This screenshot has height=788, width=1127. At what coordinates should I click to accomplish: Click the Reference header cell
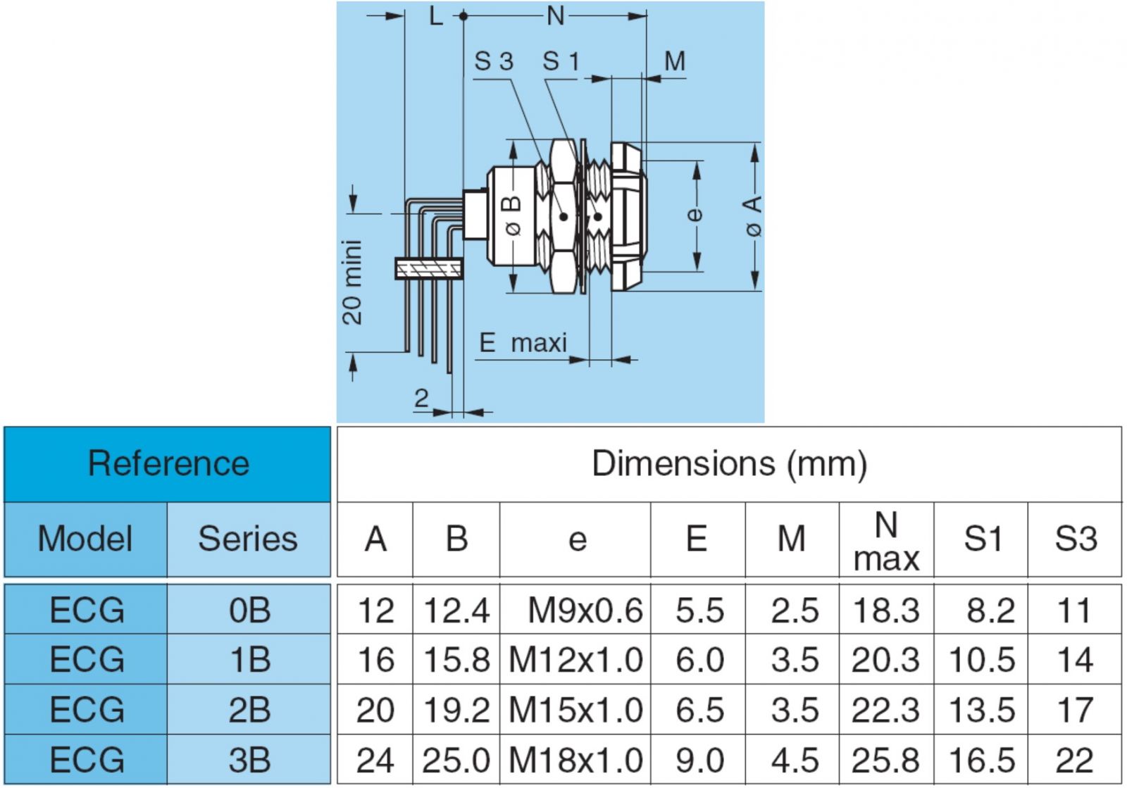[x=168, y=464]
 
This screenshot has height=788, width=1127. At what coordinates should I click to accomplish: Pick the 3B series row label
[x=249, y=760]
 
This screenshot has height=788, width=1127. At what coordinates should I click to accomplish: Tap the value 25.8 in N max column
[x=885, y=760]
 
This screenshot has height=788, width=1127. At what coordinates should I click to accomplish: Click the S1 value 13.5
[x=981, y=710]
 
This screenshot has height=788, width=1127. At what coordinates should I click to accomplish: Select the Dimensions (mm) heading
[x=729, y=464]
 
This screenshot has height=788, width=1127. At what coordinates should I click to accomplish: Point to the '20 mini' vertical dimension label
[x=352, y=282]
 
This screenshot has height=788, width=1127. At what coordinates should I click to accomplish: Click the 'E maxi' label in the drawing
[x=523, y=343]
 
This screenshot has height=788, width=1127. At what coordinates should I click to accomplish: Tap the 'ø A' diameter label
[x=752, y=215]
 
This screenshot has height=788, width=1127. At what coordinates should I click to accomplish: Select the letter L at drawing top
[x=436, y=15]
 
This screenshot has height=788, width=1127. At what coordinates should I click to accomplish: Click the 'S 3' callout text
[x=493, y=62]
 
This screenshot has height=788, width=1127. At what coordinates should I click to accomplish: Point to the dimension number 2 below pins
[x=421, y=399]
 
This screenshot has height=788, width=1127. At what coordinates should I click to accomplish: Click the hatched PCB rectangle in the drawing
[x=428, y=269]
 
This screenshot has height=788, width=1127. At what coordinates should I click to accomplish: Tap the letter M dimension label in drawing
[x=674, y=62]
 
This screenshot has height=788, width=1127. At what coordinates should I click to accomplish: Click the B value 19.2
[x=456, y=710]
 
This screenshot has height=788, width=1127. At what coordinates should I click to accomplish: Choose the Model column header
[x=85, y=539]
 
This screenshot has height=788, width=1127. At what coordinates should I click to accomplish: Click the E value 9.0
[x=699, y=760]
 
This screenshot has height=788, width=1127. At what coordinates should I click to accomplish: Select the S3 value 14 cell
[x=1074, y=661]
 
